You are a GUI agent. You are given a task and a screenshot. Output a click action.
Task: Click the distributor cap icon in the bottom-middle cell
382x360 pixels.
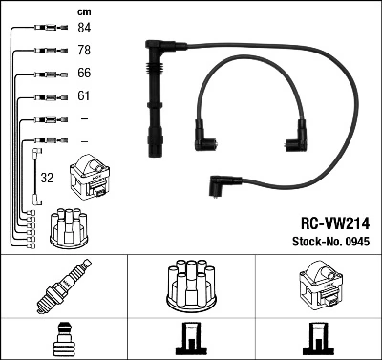point(191,286)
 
